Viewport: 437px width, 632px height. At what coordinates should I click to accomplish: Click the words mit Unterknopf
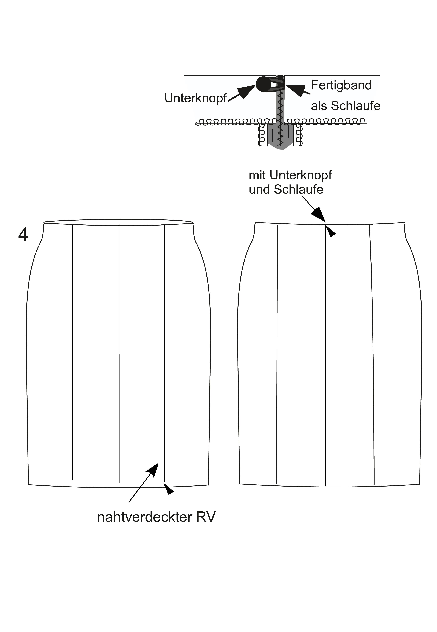tap(290, 175)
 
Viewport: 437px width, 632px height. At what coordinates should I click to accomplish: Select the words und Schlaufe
tap(286, 189)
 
